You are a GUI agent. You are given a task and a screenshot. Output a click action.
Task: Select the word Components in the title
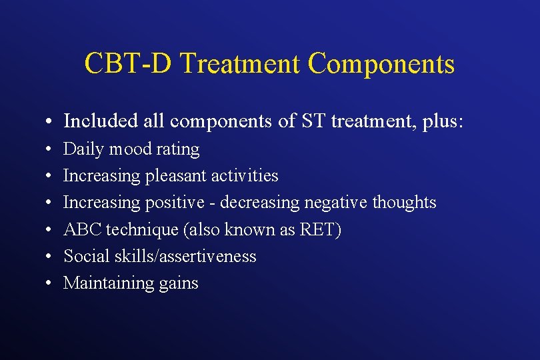[381, 64]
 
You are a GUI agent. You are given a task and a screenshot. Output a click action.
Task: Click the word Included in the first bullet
[97, 121]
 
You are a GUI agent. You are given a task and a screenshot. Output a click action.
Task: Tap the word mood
[125, 149]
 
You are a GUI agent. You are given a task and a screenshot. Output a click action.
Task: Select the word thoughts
[405, 203]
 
